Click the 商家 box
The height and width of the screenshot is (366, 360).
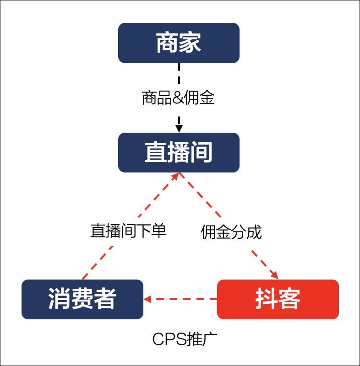(179, 43)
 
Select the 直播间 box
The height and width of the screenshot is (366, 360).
(179, 152)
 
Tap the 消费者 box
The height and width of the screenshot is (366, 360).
(82, 299)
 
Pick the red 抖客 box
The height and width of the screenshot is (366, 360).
(278, 299)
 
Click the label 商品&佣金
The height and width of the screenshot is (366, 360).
(178, 98)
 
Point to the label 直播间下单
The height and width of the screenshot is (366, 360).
(128, 231)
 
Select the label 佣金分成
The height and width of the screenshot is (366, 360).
(231, 232)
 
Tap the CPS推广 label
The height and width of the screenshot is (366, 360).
(185, 339)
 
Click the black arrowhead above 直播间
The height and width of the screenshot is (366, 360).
(179, 126)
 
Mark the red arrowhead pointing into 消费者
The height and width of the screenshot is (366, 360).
(147, 299)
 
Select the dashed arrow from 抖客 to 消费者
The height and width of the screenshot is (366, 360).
(183, 299)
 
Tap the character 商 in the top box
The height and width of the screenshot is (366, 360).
(167, 43)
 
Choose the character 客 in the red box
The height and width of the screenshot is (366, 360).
(289, 299)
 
